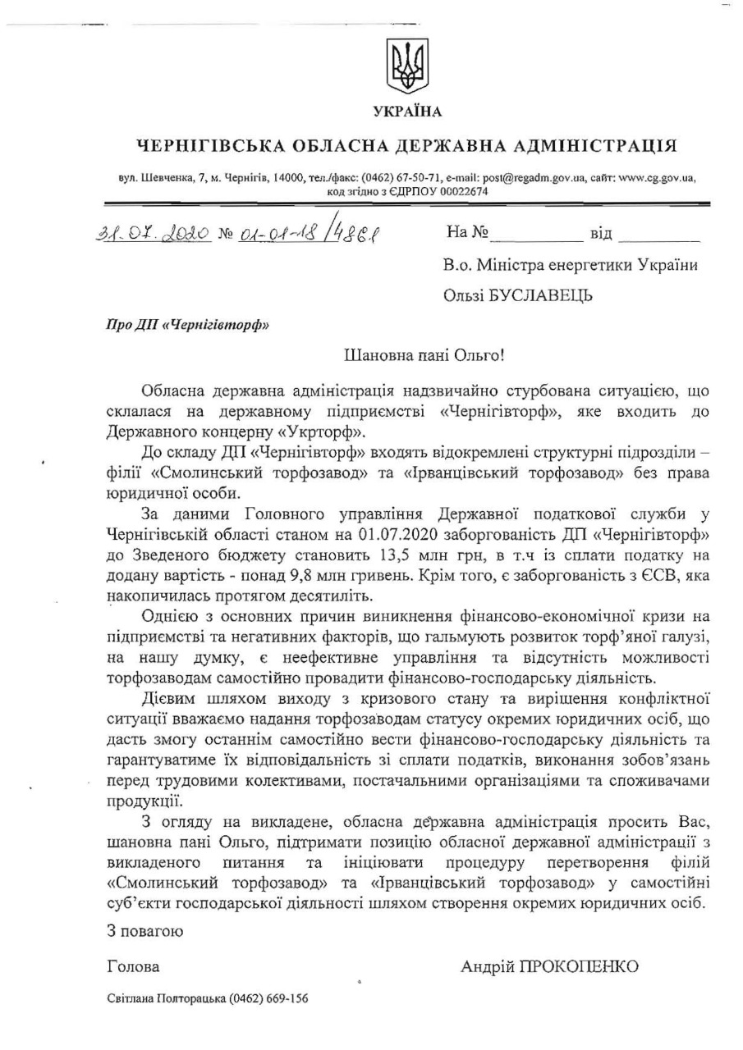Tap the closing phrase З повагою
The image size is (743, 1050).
click(145, 931)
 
